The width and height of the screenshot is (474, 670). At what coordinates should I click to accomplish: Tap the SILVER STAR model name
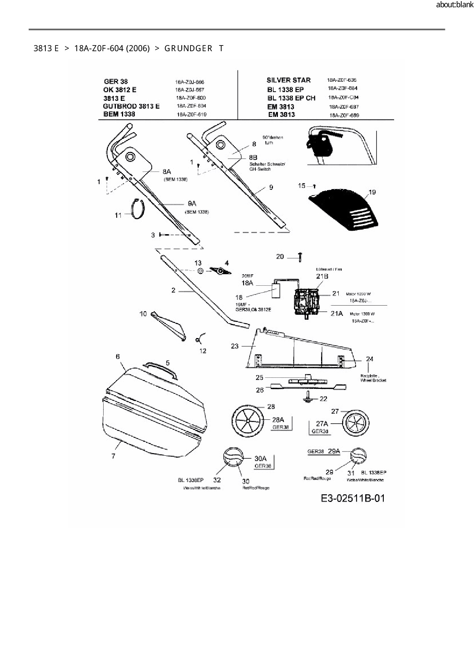[288, 80]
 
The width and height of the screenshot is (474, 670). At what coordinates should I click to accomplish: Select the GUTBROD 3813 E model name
[131, 106]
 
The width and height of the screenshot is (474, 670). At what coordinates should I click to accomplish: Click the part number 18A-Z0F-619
[191, 115]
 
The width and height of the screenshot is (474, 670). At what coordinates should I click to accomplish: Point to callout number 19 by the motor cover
[372, 192]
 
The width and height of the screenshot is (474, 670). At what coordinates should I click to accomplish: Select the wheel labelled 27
[355, 423]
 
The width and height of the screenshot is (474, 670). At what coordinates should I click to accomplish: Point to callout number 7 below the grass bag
[113, 456]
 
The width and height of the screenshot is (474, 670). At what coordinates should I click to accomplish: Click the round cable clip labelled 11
[138, 210]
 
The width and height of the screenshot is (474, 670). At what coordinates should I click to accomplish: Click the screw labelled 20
[300, 257]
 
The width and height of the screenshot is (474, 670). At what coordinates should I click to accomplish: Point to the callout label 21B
[322, 277]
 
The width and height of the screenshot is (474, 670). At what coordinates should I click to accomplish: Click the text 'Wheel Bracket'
[373, 380]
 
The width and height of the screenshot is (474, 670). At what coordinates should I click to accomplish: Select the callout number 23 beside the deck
[234, 346]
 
